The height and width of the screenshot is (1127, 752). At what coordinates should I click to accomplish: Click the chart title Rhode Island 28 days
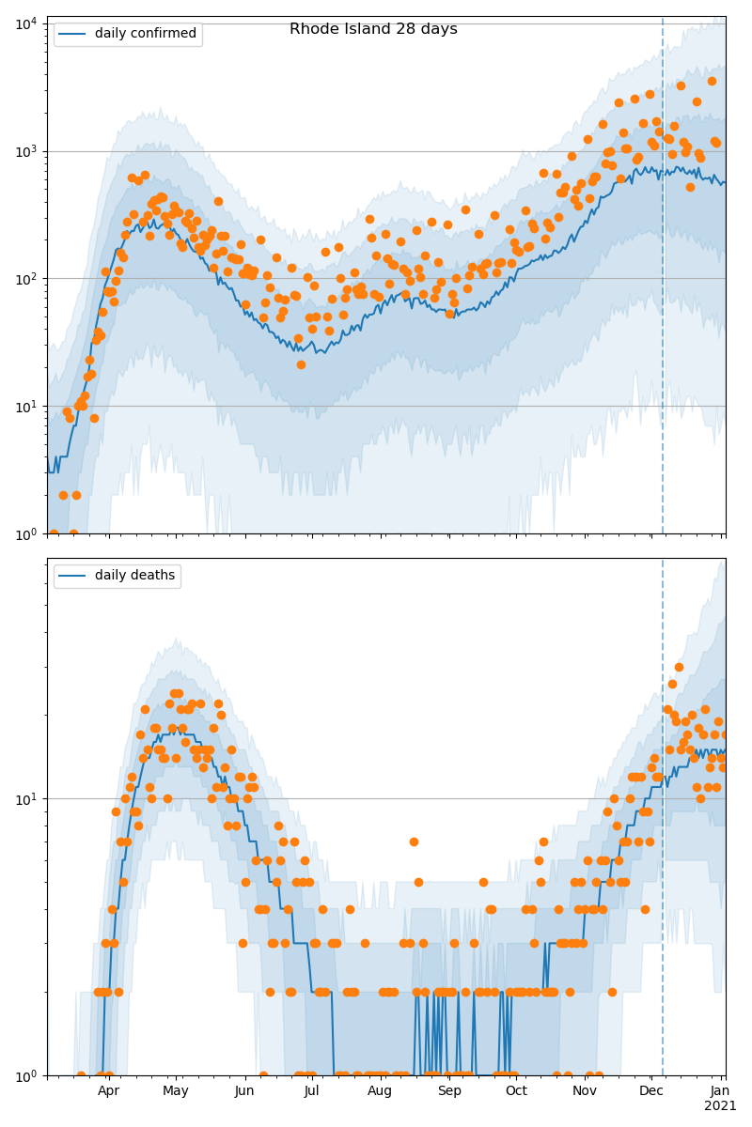tap(373, 29)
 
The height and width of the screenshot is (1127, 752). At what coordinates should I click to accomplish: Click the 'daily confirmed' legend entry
tap(145, 34)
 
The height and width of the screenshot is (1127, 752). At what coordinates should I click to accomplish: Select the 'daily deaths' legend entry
tap(134, 576)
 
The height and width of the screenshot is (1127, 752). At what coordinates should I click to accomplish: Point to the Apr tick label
tap(109, 1090)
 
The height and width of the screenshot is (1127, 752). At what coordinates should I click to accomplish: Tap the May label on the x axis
tap(176, 1090)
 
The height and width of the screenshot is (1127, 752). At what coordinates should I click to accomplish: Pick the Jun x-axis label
tap(244, 1090)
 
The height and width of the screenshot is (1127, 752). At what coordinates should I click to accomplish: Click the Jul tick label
tap(311, 1090)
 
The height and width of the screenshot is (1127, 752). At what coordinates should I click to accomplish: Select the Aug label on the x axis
tap(380, 1090)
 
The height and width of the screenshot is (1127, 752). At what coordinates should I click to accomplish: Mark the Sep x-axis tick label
tap(449, 1090)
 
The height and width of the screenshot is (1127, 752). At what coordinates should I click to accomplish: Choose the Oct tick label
tap(516, 1090)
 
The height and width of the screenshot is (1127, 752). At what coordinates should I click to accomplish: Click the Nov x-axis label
tap(585, 1090)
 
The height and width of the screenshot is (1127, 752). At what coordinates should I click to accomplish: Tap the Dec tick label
tap(651, 1090)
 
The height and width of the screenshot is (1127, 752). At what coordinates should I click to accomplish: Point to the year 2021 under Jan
tap(720, 1105)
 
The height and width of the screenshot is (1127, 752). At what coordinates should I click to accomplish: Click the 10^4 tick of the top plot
tap(25, 23)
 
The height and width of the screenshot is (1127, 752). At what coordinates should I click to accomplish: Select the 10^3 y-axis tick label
tap(25, 150)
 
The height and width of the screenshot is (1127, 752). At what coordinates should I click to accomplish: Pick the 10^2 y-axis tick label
tap(25, 278)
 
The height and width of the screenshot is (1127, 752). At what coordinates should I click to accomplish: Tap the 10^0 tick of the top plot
tap(25, 533)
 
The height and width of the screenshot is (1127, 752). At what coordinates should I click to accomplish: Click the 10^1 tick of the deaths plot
tap(25, 798)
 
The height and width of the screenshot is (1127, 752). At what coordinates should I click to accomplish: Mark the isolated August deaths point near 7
tap(414, 841)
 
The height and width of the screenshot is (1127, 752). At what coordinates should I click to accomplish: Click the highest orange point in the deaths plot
tap(679, 667)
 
